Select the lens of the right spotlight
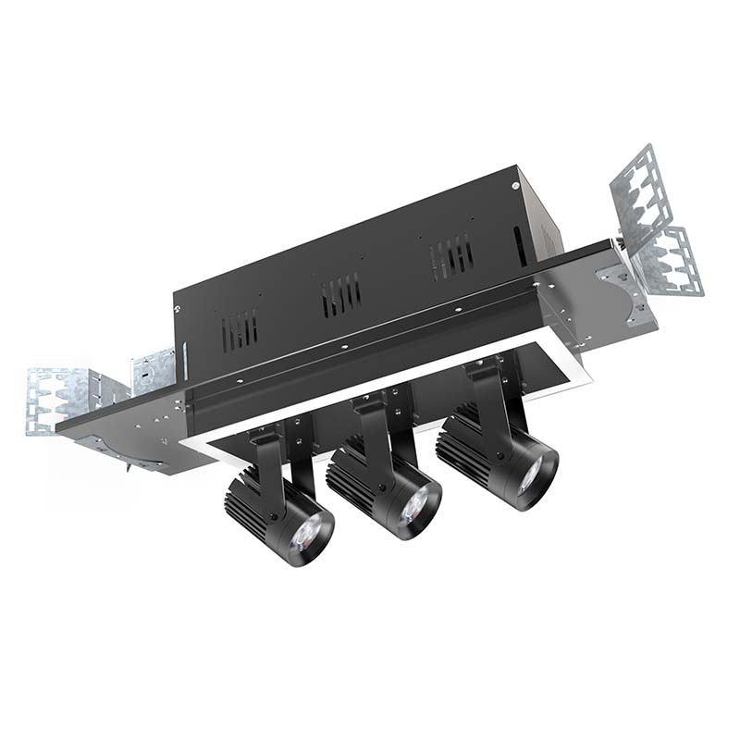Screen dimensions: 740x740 point(531,475)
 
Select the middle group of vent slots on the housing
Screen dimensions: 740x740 point(341,294)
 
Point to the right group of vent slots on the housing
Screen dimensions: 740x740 point(453,253)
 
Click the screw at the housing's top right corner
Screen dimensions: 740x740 point(515,184)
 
